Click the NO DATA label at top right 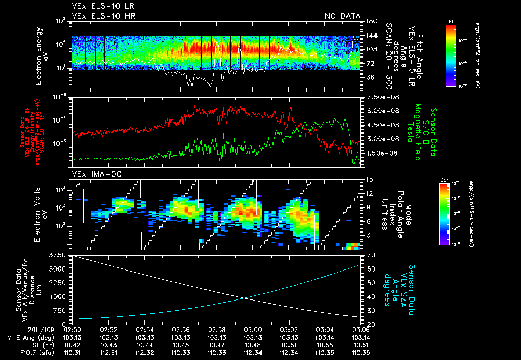pos(342,16)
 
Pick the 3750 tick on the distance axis pos(57,254)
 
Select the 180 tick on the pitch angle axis pos(370,21)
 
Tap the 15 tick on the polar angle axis pos(368,179)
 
